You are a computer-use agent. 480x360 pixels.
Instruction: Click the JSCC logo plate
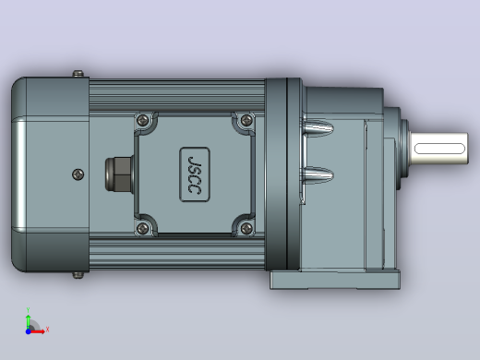(195, 174)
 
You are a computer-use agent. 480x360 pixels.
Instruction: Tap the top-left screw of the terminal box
(142, 120)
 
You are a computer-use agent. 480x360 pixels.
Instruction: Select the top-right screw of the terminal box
(246, 120)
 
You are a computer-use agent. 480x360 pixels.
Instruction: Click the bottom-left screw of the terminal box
(142, 228)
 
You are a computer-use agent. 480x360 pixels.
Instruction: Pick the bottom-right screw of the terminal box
(246, 228)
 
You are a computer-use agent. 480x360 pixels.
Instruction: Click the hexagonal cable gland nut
(119, 174)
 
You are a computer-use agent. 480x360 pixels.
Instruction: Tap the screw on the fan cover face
(78, 174)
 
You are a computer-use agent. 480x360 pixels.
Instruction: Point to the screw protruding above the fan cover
(78, 74)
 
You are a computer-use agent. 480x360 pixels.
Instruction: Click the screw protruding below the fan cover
(78, 275)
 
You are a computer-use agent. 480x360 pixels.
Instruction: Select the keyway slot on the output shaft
(439, 149)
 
